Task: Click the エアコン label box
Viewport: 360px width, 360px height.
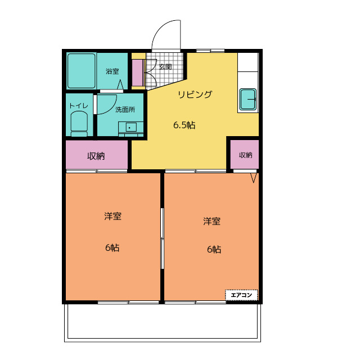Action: click(241, 295)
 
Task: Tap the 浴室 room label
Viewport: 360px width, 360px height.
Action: click(112, 71)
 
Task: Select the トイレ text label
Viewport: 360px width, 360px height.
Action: click(79, 106)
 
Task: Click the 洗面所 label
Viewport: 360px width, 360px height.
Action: click(125, 110)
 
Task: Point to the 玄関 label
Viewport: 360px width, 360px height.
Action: click(165, 67)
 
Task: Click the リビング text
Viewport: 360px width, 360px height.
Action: click(195, 94)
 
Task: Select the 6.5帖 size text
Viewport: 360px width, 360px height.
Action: click(184, 125)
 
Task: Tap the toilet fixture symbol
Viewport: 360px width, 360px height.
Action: click(79, 124)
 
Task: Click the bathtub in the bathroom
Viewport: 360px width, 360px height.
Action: click(82, 71)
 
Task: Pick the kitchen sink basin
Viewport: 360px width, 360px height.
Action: click(248, 100)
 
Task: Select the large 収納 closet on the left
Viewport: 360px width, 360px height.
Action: click(97, 155)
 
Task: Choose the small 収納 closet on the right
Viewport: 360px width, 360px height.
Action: click(245, 155)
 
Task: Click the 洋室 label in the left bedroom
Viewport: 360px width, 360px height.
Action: click(112, 216)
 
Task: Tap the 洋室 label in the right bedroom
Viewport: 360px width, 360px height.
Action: click(211, 221)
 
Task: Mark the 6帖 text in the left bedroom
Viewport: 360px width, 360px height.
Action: click(112, 248)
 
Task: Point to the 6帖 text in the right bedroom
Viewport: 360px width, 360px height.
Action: click(214, 249)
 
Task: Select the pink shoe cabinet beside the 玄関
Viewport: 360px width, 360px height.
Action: click(138, 73)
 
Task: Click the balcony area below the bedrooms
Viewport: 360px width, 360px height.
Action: click(163, 322)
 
